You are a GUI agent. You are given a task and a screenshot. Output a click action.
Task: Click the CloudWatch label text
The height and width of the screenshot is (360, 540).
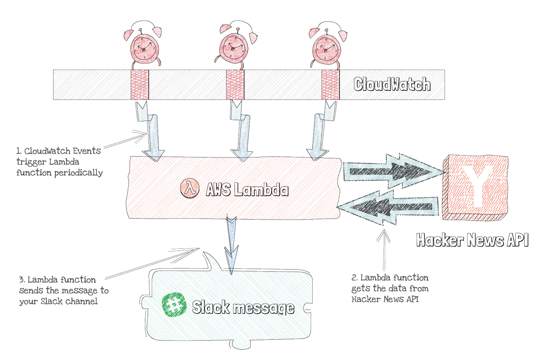[x=391, y=84]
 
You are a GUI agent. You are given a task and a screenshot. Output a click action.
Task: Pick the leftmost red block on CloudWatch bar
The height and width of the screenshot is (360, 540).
[x=139, y=84]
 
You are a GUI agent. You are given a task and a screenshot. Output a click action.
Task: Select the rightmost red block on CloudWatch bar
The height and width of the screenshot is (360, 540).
[x=331, y=84]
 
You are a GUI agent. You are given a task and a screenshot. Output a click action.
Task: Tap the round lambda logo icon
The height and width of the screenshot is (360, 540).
[x=189, y=188]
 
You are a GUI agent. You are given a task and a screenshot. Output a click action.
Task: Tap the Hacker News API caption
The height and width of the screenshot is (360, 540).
[x=472, y=240]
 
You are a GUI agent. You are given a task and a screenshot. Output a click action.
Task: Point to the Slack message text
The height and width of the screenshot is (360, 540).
[x=243, y=308]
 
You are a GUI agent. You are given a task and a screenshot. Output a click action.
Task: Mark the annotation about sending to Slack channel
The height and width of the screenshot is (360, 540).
[x=63, y=290]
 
